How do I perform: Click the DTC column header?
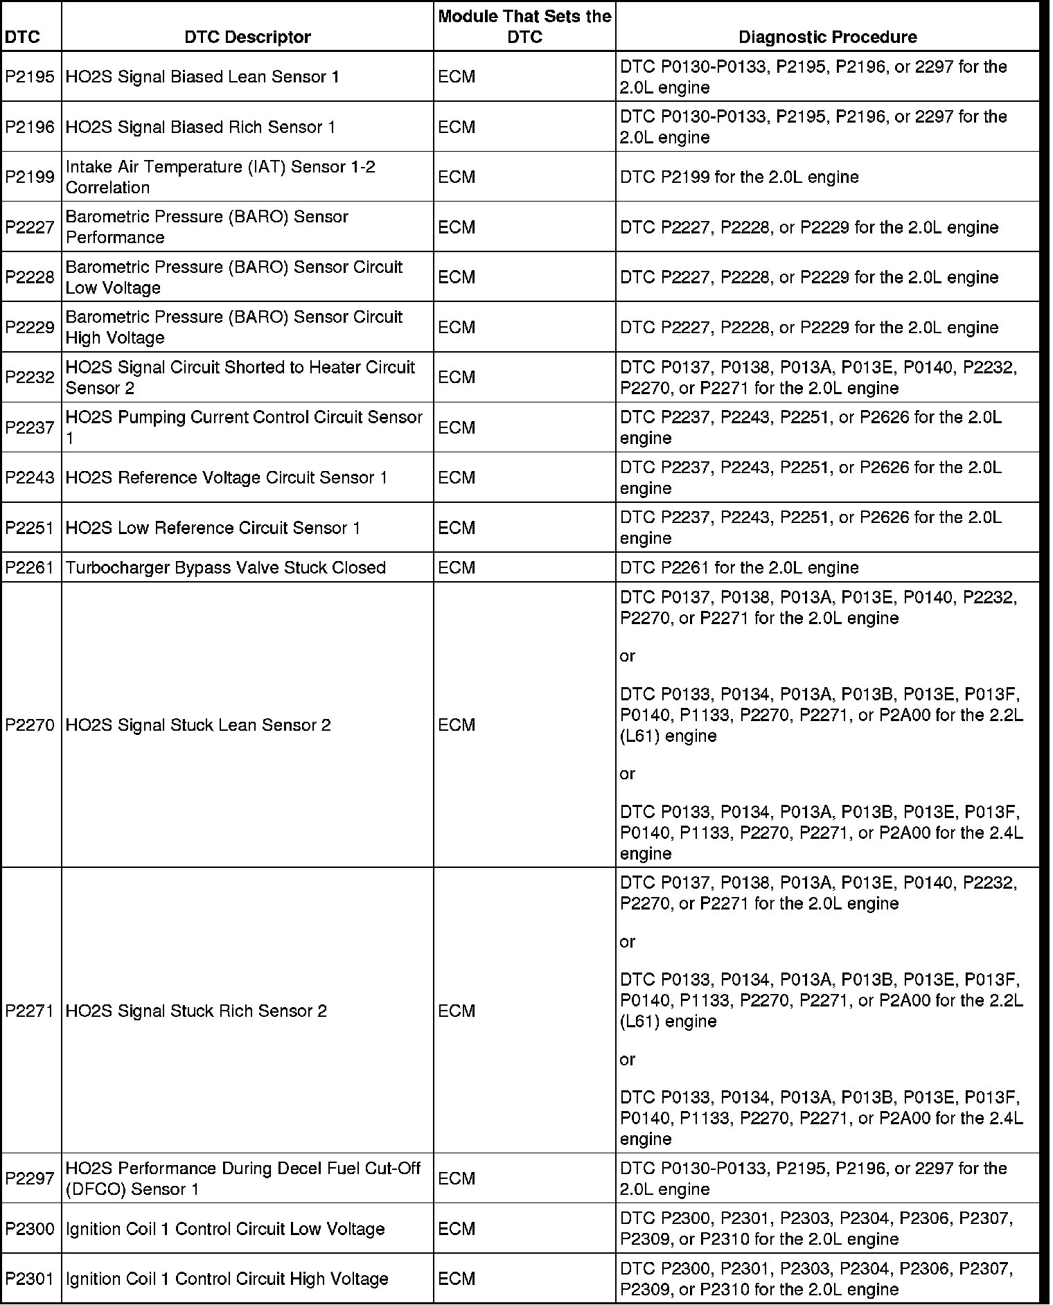(x=22, y=37)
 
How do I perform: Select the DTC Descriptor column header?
(x=247, y=37)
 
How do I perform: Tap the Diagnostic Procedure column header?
(x=827, y=37)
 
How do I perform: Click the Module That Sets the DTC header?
(x=524, y=26)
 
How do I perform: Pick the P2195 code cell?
(x=30, y=77)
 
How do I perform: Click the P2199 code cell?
(x=30, y=177)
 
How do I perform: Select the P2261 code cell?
(x=30, y=567)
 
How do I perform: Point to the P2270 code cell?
(x=30, y=725)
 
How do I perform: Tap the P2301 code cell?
(x=30, y=1279)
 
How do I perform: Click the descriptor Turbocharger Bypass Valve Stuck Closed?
(x=225, y=567)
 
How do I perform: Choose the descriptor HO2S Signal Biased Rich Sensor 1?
(x=200, y=127)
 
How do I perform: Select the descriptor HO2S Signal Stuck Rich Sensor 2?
(x=196, y=1011)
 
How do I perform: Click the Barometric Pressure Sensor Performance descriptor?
(x=206, y=227)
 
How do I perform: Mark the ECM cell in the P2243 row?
(x=457, y=477)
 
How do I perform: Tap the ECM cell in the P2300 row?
(x=457, y=1229)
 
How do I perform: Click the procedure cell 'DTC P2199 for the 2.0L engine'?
(x=739, y=177)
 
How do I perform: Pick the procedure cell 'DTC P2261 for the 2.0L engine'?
(x=739, y=567)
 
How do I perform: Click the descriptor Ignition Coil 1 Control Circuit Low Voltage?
(x=225, y=1229)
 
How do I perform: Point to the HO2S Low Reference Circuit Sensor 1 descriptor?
(x=213, y=528)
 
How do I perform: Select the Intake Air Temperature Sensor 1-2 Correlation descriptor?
(x=220, y=177)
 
